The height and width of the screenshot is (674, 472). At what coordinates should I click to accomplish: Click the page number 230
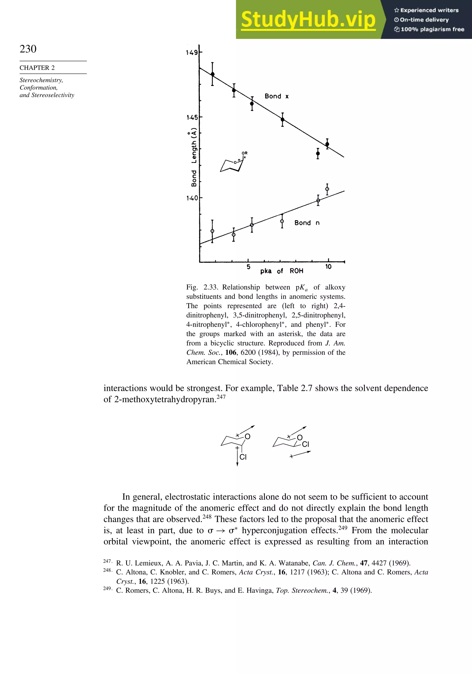point(28,49)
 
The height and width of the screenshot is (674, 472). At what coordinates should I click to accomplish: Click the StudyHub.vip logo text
point(308,19)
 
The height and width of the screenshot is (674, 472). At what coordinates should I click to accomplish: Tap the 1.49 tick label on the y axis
point(192,53)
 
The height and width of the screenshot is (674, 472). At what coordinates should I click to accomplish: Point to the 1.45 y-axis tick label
point(192,117)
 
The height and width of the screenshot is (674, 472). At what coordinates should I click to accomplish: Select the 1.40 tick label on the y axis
point(192,198)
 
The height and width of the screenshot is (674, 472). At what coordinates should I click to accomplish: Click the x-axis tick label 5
point(248,267)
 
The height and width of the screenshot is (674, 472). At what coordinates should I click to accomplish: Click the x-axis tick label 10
point(328,267)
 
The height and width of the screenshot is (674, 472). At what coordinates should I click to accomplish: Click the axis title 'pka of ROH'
point(281,271)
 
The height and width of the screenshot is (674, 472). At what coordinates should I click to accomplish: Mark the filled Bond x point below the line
point(318,153)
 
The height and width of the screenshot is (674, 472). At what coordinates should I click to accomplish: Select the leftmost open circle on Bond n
point(212,231)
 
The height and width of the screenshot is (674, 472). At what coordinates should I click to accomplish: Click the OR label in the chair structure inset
point(244,153)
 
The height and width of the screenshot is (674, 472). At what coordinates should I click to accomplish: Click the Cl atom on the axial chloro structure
point(243,457)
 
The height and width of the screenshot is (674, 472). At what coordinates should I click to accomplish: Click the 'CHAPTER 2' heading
point(37,68)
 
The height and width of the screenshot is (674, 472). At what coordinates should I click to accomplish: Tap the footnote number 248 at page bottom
point(107,570)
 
